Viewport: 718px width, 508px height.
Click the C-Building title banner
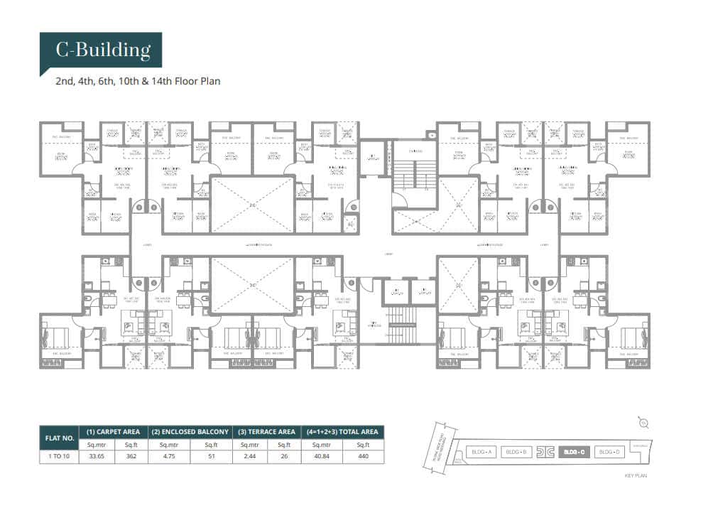[103, 50]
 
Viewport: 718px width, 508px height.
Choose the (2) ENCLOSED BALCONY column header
[191, 432]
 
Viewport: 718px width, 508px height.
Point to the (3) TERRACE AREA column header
[268, 432]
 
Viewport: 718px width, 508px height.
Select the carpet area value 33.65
[96, 457]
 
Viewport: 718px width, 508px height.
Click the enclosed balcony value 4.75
[170, 457]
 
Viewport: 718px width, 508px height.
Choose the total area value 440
[364, 457]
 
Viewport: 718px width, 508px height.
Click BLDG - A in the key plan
[481, 452]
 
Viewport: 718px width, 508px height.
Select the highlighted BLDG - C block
[574, 452]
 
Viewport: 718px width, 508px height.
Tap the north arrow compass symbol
[643, 423]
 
